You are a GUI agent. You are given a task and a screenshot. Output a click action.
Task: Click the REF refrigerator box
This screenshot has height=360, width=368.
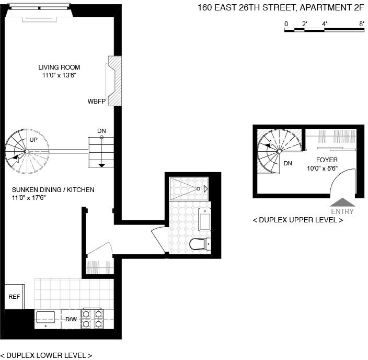pyautogui.click(x=14, y=297)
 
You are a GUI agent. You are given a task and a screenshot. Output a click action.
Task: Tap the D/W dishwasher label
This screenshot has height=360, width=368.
pyautogui.click(x=71, y=319)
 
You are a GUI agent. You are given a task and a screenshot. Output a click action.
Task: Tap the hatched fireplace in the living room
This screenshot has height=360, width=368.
pyautogui.click(x=114, y=81)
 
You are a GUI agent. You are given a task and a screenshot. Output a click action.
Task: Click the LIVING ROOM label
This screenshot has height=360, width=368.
pyautogui.click(x=59, y=67)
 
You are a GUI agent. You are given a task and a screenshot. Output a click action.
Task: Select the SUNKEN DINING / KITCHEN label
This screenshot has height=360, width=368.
pyautogui.click(x=53, y=189)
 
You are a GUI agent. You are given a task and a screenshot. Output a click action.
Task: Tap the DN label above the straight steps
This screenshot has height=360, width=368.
pyautogui.click(x=101, y=130)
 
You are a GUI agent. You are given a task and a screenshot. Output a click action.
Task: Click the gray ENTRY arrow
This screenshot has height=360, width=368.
pyautogui.click(x=342, y=203)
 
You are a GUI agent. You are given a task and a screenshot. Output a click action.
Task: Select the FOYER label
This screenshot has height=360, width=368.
pyautogui.click(x=327, y=160)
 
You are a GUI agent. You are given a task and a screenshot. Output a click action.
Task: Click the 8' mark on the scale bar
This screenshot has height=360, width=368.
pyautogui.click(x=362, y=24)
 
